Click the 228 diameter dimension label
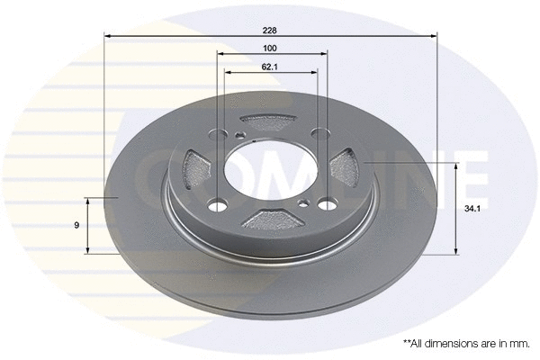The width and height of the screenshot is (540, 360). [270, 30]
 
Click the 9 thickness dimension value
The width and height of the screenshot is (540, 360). [77, 224]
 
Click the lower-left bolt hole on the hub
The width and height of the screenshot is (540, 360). [219, 204]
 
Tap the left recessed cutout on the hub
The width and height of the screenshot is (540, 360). [193, 167]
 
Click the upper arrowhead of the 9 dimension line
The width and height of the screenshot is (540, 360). [87, 199]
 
